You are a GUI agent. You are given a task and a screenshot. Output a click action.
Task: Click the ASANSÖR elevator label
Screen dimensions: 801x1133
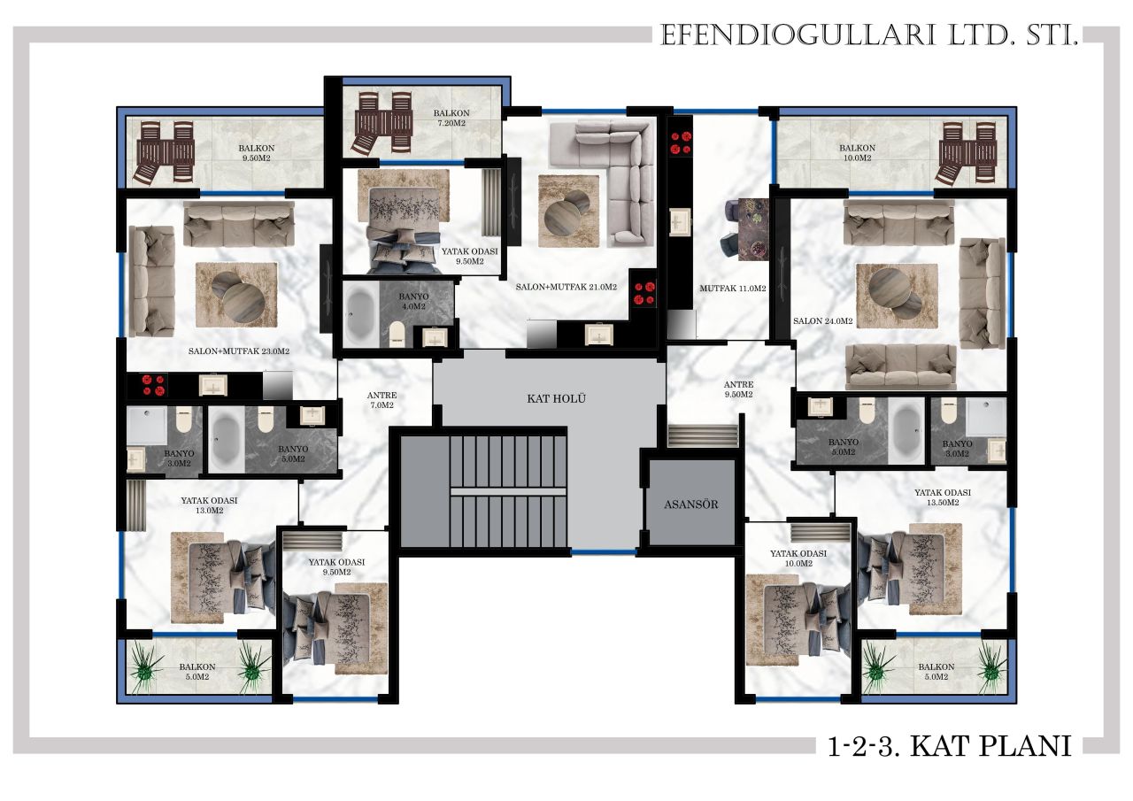tap(691, 504)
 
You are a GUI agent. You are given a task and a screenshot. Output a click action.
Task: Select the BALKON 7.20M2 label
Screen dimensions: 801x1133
tap(451, 119)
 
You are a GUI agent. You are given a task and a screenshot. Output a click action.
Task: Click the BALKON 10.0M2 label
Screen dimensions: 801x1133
tap(857, 152)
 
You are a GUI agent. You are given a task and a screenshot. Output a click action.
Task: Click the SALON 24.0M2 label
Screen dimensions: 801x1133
tap(822, 321)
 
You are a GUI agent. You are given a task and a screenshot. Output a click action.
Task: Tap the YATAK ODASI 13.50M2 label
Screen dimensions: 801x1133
tap(943, 497)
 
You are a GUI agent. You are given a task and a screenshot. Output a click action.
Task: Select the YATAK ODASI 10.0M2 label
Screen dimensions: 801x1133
tap(798, 558)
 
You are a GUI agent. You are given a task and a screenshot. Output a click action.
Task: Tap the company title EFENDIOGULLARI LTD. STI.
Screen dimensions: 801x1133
tap(866, 36)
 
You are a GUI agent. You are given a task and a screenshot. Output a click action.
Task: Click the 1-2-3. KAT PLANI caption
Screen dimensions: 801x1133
tap(950, 746)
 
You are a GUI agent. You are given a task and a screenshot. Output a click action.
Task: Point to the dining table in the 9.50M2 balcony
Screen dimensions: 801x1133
tap(164, 152)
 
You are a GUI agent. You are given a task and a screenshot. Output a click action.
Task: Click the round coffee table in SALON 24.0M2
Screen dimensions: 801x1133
tap(894, 293)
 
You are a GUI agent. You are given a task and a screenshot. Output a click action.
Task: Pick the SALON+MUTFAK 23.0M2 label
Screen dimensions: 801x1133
tap(239, 351)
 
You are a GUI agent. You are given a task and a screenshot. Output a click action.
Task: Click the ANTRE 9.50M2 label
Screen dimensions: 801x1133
tap(738, 389)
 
